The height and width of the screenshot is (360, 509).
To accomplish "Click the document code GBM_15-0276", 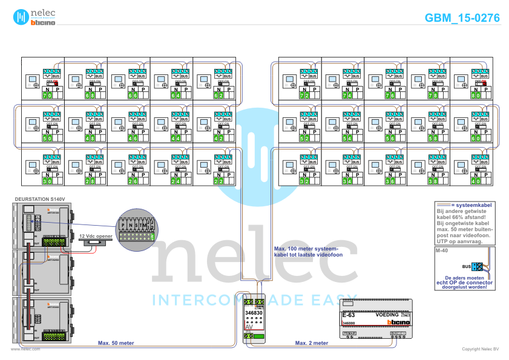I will click(462, 18).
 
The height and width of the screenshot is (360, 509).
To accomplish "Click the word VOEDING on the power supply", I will click(387, 315).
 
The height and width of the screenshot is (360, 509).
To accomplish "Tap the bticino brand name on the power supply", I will click(398, 322).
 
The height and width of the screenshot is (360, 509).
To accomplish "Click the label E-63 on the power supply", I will click(349, 315).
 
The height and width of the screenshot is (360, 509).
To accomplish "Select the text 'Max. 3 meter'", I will click(312, 342).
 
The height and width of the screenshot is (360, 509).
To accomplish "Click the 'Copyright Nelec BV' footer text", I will click(480, 349).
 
